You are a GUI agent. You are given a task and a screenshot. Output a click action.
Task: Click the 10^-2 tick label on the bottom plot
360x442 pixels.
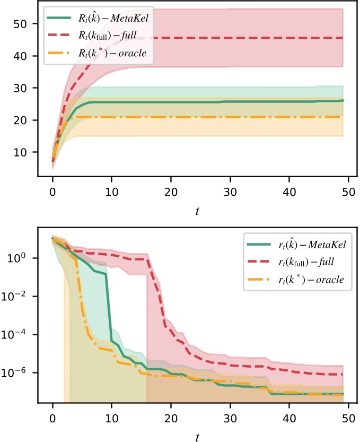(x=18, y=296)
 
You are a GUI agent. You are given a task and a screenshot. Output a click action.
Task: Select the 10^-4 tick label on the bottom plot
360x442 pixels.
(x=18, y=334)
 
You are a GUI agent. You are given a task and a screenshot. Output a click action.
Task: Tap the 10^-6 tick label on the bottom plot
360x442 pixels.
(x=18, y=372)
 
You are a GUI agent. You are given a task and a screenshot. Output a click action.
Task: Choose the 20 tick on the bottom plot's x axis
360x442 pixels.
(x=171, y=417)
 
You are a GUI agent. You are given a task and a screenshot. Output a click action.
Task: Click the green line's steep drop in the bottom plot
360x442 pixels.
(x=109, y=308)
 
